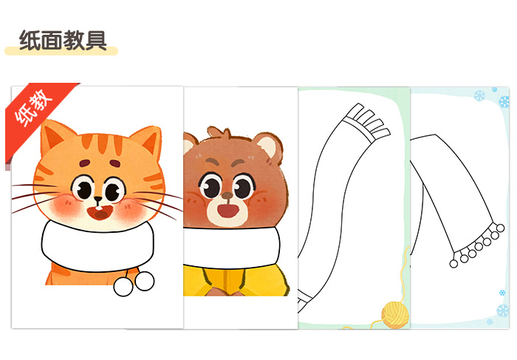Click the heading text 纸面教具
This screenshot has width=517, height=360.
[62, 39]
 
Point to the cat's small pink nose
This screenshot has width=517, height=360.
[97, 200]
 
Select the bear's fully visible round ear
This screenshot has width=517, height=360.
[270, 147]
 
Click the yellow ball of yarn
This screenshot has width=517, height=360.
[393, 313]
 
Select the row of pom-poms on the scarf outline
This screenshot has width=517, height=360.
[479, 245]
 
